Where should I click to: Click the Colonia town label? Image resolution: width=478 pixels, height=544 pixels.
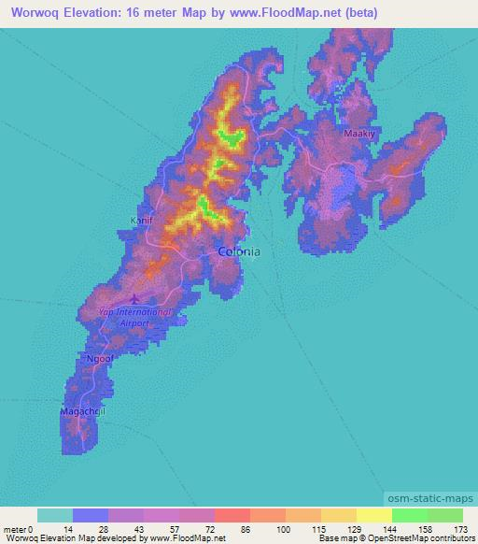click(238, 251)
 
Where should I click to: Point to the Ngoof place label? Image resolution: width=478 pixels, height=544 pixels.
click(99, 357)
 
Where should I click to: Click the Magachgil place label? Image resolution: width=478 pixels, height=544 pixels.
click(81, 411)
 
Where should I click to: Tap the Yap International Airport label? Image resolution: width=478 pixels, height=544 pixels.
click(136, 317)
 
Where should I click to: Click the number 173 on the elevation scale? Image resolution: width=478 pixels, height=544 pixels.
click(455, 528)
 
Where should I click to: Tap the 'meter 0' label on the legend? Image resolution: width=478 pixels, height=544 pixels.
click(18, 528)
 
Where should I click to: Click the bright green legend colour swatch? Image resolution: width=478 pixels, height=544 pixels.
click(410, 515)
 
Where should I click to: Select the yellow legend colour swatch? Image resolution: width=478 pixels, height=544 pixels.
click(373, 515)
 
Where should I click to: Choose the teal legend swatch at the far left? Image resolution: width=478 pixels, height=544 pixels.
click(55, 515)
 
